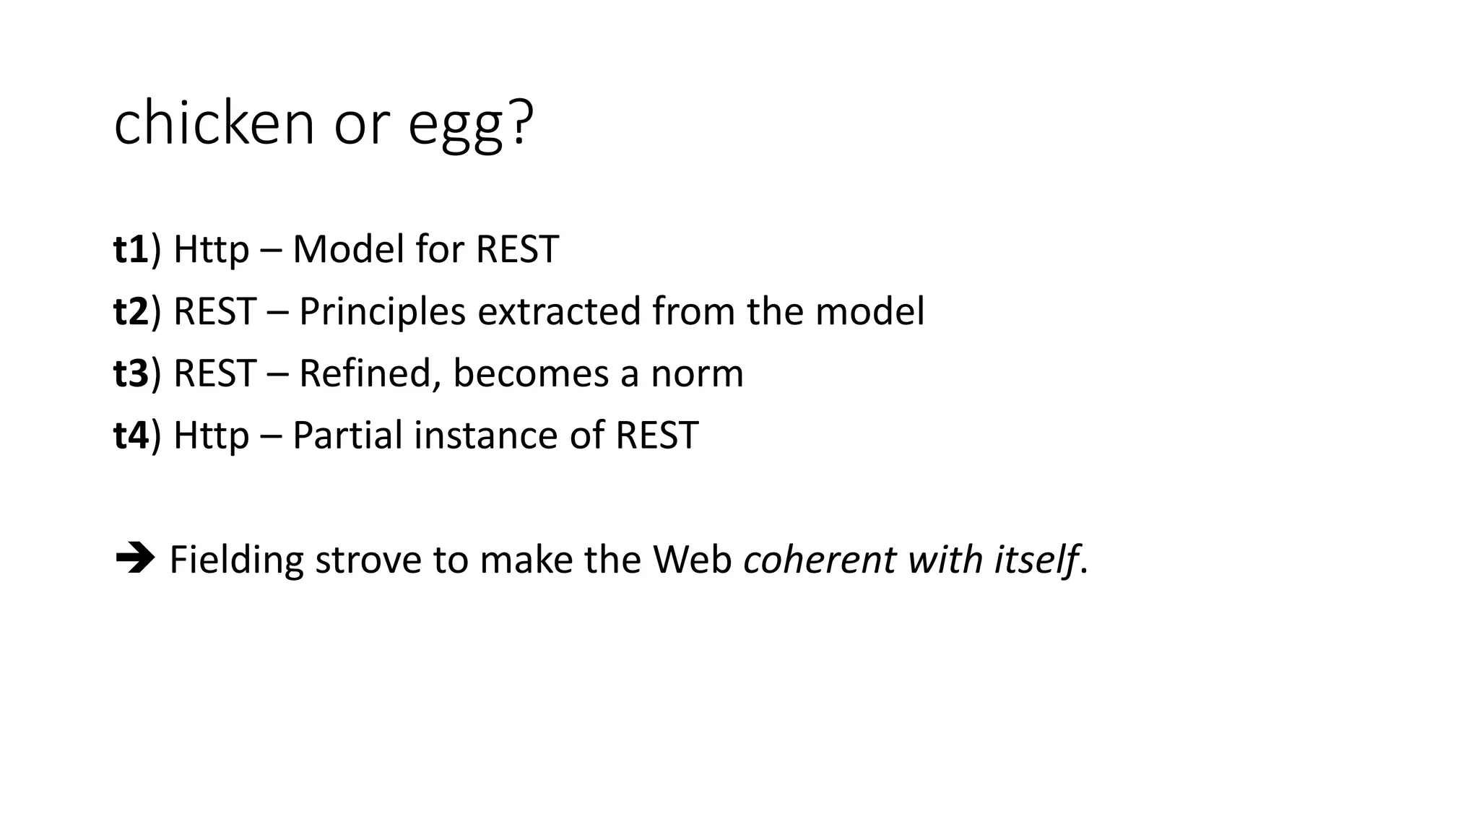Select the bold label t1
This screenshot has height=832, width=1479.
click(131, 249)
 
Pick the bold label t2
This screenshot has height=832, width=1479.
click(131, 311)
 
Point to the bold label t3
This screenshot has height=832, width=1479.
click(131, 373)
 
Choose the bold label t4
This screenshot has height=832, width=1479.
click(131, 435)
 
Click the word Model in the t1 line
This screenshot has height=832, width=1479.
click(348, 249)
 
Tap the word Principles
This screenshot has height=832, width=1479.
click(382, 313)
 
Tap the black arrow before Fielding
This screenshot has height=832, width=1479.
click(134, 559)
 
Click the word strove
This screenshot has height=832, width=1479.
click(368, 560)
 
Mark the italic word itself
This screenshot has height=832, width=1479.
click(1035, 560)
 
